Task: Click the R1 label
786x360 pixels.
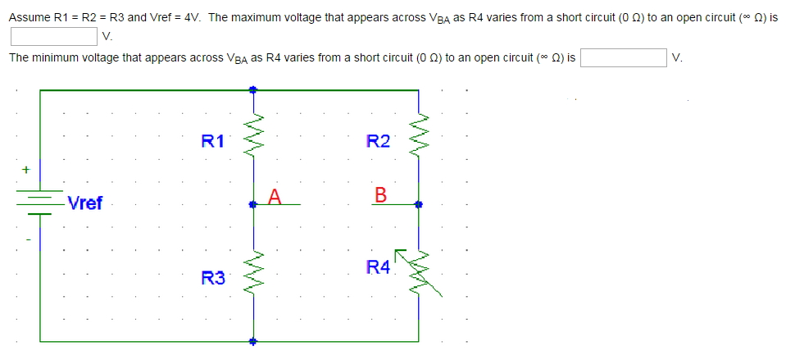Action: (x=212, y=140)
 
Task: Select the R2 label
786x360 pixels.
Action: (x=378, y=141)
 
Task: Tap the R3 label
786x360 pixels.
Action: (x=212, y=279)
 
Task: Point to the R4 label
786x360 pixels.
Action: (x=378, y=266)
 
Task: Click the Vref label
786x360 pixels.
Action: (x=85, y=203)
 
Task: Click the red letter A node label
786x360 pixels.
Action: (x=274, y=195)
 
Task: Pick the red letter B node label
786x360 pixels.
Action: (x=379, y=195)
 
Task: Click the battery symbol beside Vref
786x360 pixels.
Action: (x=39, y=203)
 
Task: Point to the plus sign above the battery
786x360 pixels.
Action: (x=25, y=170)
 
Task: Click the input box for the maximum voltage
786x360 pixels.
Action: (x=54, y=35)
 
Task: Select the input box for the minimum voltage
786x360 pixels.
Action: (x=623, y=57)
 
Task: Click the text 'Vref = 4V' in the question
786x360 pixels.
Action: (x=174, y=17)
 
